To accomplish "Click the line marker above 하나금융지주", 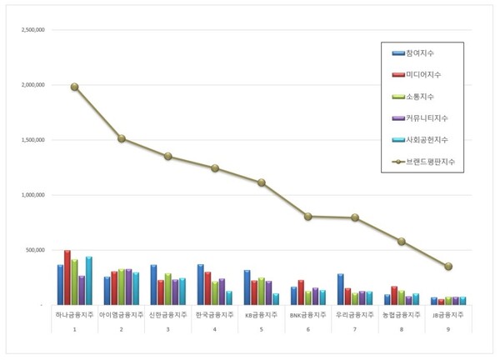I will (75, 87).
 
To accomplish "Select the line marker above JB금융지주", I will (449, 267).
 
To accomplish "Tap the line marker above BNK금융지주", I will (308, 216).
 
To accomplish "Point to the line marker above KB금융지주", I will (262, 182).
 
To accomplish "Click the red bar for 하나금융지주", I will (67, 277).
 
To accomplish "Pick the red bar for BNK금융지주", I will (301, 292).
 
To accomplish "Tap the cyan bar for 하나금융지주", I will (89, 281).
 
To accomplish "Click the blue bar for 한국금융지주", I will (201, 284).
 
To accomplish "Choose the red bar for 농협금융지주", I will (394, 296).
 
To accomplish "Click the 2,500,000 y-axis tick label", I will (33, 30).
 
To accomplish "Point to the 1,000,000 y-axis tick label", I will (33, 195).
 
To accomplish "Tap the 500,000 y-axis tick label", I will (37, 250).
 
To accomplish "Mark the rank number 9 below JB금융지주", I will (449, 330).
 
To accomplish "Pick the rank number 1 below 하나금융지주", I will (75, 330).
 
